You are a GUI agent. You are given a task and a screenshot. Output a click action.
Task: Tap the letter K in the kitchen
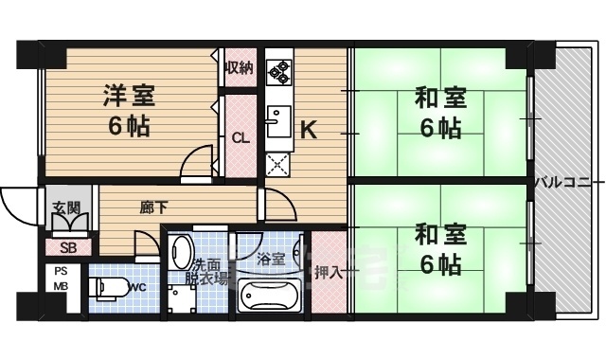(x=309, y=129)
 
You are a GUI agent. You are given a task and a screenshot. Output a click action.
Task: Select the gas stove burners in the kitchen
(x=279, y=69)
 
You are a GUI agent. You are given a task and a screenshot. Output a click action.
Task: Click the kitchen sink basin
(x=277, y=121)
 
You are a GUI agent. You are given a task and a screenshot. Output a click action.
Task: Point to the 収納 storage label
(x=239, y=67)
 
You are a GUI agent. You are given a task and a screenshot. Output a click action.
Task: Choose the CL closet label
(x=241, y=137)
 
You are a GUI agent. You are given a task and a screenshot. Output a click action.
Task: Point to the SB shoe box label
(x=68, y=248)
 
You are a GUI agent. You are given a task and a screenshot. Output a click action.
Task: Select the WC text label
(x=135, y=287)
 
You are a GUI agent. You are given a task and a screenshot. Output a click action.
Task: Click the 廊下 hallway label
(x=149, y=207)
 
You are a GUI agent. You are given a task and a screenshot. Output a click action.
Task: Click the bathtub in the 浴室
(x=268, y=297)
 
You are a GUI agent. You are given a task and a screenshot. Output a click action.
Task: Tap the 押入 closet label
(x=330, y=272)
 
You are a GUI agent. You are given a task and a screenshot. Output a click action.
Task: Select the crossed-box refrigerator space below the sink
(x=277, y=163)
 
